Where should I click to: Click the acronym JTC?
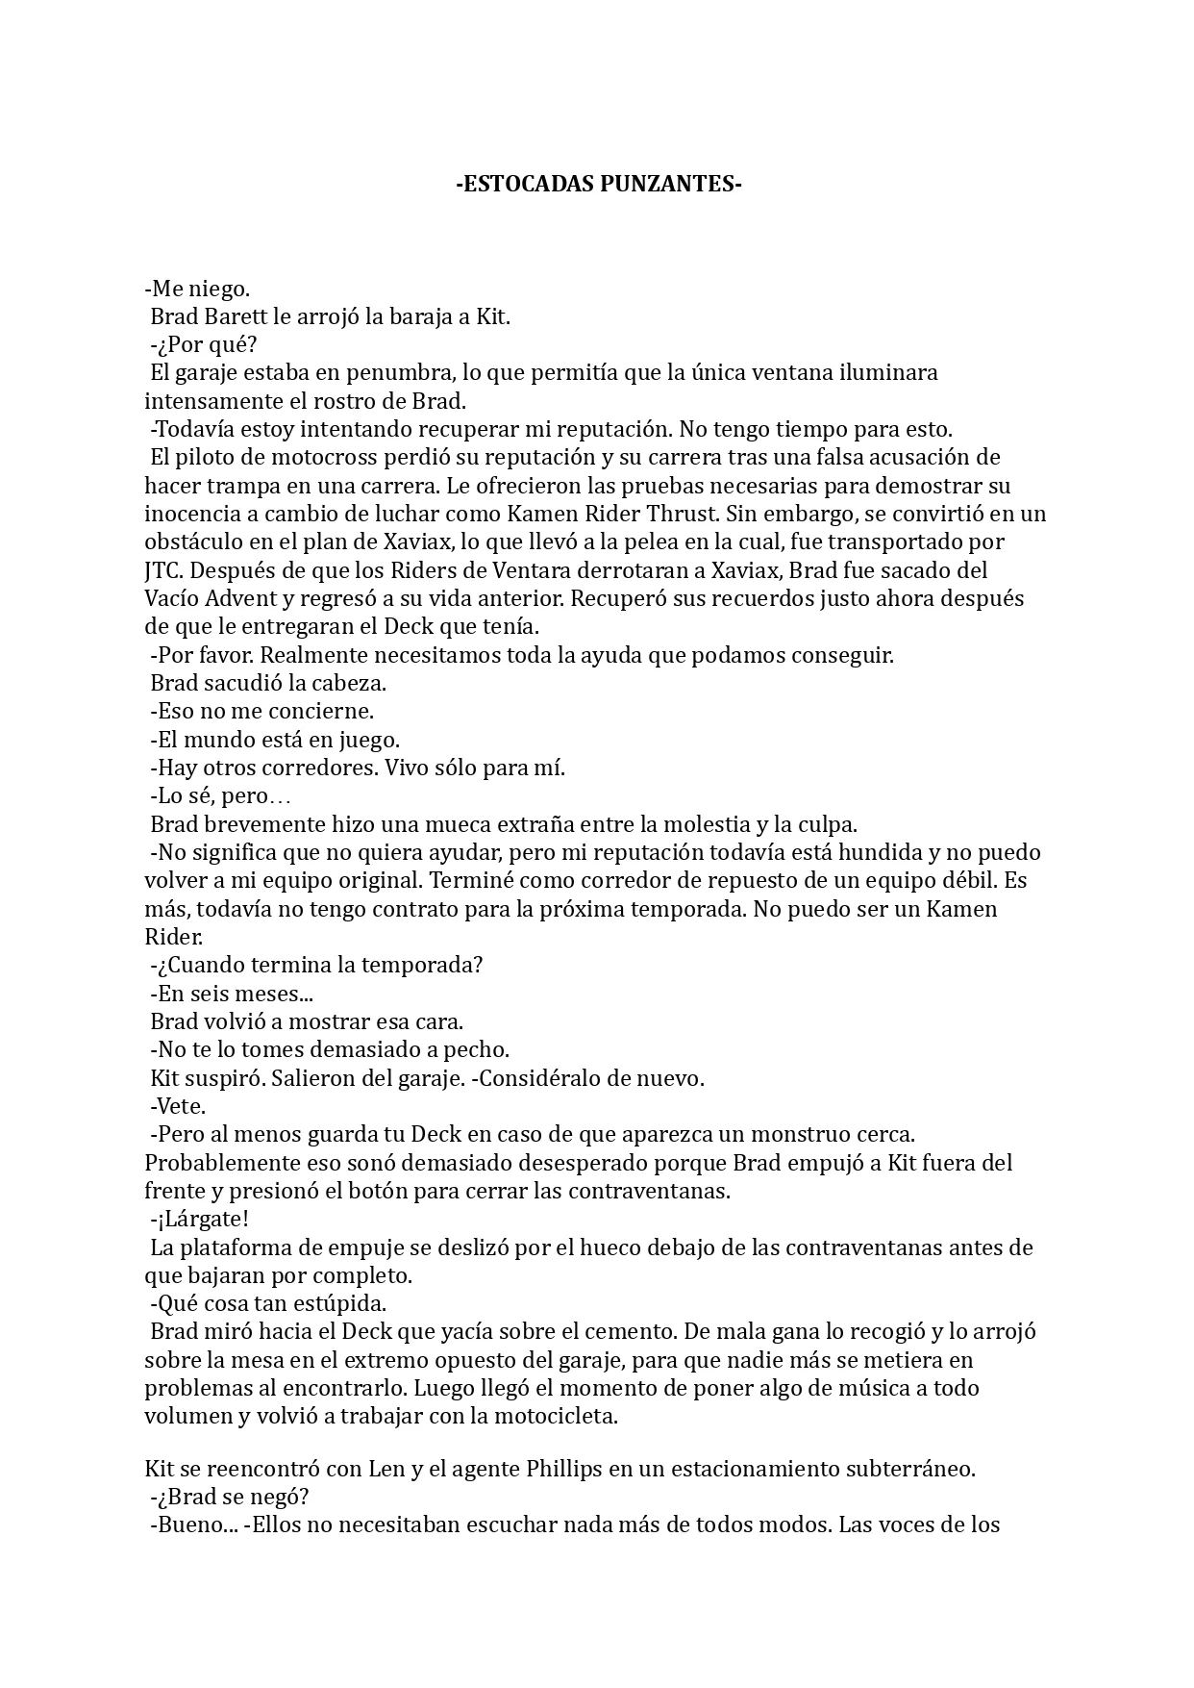coord(162,570)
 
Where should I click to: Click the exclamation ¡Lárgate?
coord(200,1220)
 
